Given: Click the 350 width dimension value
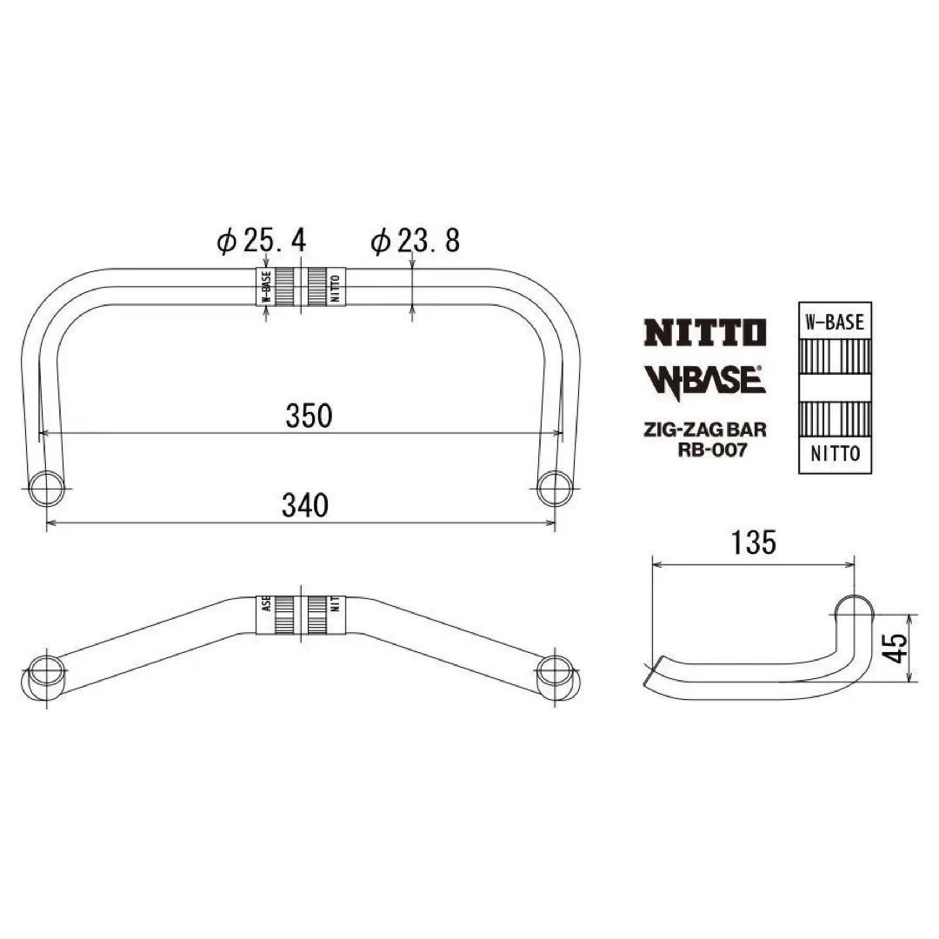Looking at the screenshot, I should click(309, 416).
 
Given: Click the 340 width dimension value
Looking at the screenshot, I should click(307, 504).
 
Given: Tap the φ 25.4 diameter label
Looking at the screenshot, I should click(262, 242).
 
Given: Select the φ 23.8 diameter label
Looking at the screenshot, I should click(416, 242).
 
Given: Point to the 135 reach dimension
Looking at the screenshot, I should click(753, 543).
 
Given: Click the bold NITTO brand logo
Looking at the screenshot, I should click(704, 332).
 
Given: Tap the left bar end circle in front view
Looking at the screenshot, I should click(46, 489).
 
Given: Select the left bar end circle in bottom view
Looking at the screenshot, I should click(45, 674).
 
